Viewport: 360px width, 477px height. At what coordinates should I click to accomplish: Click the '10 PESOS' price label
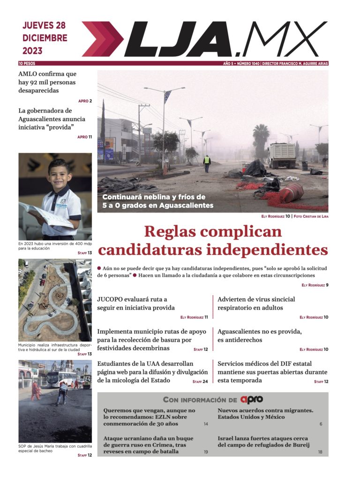pos(27,63)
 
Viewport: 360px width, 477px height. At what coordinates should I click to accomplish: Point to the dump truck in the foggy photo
pos(282,155)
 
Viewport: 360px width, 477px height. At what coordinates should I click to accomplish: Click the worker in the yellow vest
pos(207,163)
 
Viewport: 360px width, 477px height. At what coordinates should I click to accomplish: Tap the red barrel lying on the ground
pos(292,192)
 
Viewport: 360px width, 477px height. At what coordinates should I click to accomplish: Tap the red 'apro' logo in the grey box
pos(252,400)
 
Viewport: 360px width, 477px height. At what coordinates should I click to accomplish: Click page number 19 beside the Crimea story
pos(206,452)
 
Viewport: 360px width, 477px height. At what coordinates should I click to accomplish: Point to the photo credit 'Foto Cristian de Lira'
pos(311,216)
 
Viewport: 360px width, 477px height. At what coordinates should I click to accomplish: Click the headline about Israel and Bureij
pos(263,442)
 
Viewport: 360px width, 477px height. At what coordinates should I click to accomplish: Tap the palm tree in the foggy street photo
pos(261,138)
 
